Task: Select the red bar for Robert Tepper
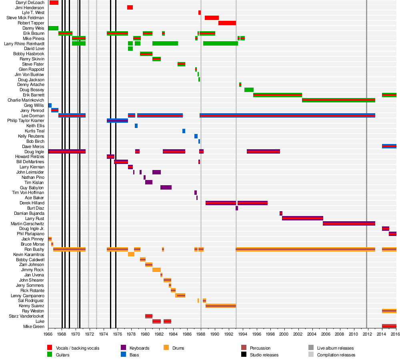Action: [227, 23]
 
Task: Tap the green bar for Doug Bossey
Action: [249, 90]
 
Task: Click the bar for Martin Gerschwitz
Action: [349, 223]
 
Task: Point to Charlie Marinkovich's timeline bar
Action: [338, 100]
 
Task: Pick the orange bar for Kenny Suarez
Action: [220, 306]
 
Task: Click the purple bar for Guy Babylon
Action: [166, 187]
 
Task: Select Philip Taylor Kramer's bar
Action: [117, 120]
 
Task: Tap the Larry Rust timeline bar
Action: [302, 218]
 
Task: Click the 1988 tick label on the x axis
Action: [201, 334]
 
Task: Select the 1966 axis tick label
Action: [48, 334]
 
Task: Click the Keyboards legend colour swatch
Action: [123, 348]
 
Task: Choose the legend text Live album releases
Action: [335, 348]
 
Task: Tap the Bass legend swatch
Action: [123, 355]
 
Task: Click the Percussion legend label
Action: [260, 348]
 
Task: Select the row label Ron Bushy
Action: [35, 249]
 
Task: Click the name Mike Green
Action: [34, 326]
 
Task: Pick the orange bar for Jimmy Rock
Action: [156, 270]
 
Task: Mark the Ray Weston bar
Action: [389, 311]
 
